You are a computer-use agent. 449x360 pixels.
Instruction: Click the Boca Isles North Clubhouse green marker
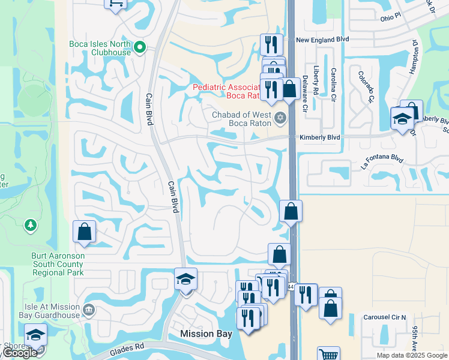coord(140,46)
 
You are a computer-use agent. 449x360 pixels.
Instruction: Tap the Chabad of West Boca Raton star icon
coord(279,118)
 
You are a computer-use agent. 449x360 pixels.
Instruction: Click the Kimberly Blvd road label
coord(319,137)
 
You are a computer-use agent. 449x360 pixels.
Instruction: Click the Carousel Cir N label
coord(385,317)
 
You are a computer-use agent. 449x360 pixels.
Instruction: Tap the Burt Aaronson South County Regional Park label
coord(58,264)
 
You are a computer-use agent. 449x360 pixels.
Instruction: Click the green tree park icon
coord(30,225)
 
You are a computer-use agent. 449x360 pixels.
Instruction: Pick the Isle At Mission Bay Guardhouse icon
coord(88,310)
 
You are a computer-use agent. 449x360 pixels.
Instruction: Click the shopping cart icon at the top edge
coord(116,3)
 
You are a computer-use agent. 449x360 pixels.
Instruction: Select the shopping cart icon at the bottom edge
coord(328,354)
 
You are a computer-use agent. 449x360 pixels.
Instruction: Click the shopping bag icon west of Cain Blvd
coord(85,232)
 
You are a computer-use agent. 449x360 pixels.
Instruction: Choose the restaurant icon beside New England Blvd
coord(271,44)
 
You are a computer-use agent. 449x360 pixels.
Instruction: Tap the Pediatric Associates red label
coord(228,91)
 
